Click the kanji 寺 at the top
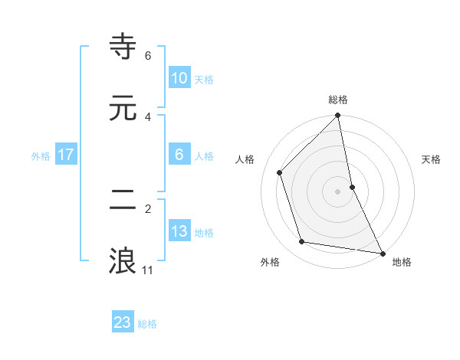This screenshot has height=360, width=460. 123,47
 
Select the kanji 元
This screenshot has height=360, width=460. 123,108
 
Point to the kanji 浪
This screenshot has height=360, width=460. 123,260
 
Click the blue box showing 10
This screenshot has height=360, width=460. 179,78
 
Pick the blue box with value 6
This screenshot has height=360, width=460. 179,155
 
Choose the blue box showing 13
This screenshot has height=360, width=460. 179,231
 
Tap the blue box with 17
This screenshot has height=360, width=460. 66,155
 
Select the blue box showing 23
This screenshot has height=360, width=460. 123,322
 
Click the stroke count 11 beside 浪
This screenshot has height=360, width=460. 148,270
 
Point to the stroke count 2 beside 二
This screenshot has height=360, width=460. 148,208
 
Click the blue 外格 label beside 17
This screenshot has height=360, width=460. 41,155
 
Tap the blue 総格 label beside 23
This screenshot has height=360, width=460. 147,323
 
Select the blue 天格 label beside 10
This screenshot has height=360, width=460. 203,79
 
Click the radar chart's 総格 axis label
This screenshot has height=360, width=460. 338,100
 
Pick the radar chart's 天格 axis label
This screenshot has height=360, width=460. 432,159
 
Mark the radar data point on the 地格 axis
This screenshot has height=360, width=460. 382,253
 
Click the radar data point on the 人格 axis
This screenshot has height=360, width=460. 280,172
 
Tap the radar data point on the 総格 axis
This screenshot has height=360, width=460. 338,116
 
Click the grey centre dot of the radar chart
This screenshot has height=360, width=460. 338,191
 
